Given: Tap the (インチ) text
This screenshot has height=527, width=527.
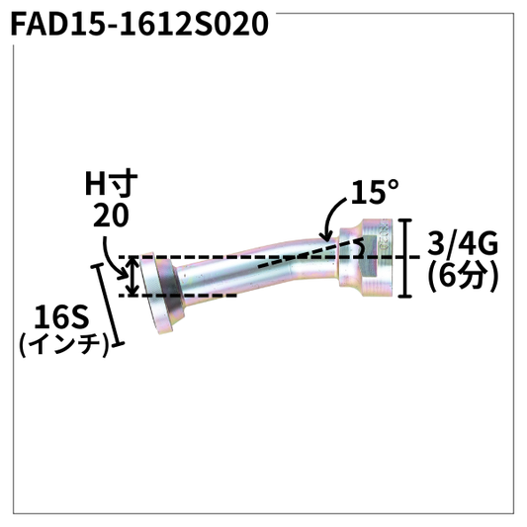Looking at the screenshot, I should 62,346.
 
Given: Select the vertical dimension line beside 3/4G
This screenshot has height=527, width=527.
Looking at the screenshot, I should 404,259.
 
